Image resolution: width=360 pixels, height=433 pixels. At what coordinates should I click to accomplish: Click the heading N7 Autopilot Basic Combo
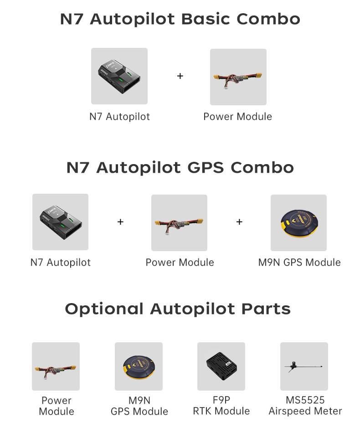(x=180, y=19)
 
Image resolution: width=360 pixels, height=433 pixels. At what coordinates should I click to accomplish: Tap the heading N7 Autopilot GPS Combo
(x=180, y=167)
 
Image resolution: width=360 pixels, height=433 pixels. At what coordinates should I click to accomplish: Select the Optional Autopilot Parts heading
(x=178, y=309)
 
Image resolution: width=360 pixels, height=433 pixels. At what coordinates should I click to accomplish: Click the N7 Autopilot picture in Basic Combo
(x=119, y=76)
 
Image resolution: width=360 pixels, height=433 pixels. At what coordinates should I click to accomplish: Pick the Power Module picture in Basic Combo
(x=238, y=77)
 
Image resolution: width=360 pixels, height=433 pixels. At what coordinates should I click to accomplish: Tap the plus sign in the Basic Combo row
(x=180, y=76)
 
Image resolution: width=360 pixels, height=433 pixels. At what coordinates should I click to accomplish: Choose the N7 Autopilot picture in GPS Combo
(x=60, y=222)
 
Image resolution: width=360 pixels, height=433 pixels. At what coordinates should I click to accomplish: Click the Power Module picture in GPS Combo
(x=179, y=223)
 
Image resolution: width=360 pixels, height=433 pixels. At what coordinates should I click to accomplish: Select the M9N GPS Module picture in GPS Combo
(x=298, y=223)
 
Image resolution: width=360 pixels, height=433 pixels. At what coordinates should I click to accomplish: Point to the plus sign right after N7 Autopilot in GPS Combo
(x=120, y=222)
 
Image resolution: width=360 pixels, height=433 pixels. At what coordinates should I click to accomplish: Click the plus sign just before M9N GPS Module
(x=239, y=222)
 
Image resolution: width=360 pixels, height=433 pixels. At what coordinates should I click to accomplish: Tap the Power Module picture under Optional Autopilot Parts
(x=56, y=366)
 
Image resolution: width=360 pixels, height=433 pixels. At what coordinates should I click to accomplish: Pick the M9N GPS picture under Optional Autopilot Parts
(x=139, y=366)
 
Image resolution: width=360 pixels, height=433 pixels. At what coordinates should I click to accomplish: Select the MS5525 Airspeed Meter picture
(x=304, y=366)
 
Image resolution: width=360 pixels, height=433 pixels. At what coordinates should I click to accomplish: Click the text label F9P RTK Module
(x=221, y=406)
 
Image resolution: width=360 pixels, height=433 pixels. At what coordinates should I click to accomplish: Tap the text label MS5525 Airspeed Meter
(x=305, y=406)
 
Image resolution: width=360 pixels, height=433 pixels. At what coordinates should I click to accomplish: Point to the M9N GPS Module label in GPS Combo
(x=299, y=263)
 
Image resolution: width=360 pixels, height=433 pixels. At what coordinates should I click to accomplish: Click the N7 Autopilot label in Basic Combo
(x=119, y=117)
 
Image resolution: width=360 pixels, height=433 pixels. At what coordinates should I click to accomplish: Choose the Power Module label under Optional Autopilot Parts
(x=57, y=406)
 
